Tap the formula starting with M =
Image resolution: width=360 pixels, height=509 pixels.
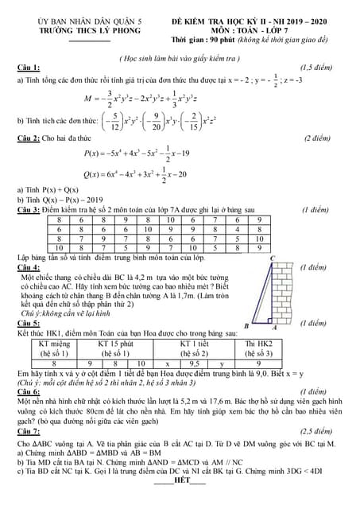151,99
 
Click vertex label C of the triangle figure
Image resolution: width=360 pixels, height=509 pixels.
272,259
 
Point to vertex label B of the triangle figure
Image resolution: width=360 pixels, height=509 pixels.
246,326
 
